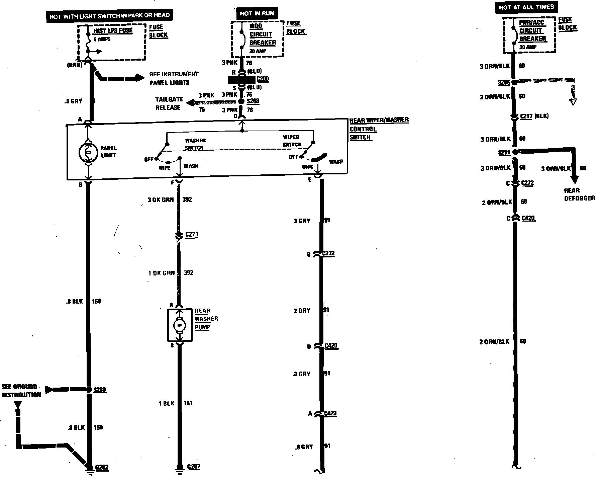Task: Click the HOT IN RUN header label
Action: point(257,14)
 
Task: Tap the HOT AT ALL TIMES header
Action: point(526,7)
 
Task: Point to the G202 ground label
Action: point(102,467)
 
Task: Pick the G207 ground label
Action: point(193,467)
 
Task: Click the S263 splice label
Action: point(100,390)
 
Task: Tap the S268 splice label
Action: point(253,101)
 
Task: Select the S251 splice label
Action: point(504,153)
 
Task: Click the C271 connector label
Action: point(192,234)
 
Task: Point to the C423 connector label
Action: point(330,413)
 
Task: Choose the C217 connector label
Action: point(526,116)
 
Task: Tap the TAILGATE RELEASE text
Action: point(169,103)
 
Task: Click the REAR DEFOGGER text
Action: point(579,194)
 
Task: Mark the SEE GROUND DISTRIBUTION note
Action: point(21,391)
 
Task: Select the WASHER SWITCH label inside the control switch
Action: point(195,144)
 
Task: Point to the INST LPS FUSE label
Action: point(113,31)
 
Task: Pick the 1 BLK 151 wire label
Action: point(175,403)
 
